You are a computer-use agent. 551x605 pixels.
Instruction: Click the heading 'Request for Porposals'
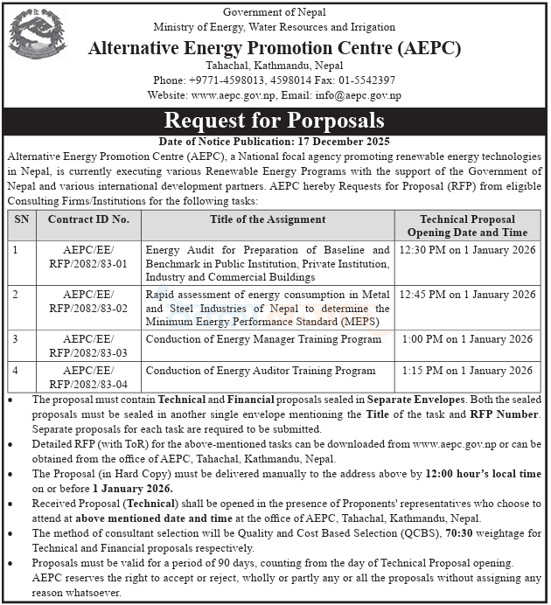275,121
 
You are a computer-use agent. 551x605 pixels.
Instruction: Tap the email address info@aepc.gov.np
360,95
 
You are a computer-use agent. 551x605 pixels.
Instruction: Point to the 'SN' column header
21,219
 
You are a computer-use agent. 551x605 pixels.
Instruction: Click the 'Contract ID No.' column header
88,219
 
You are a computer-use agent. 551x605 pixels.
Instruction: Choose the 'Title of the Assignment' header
268,219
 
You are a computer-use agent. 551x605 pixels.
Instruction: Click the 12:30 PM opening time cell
468,250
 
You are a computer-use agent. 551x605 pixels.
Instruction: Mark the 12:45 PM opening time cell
468,295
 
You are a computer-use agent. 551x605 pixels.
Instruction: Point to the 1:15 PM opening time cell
468,371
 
